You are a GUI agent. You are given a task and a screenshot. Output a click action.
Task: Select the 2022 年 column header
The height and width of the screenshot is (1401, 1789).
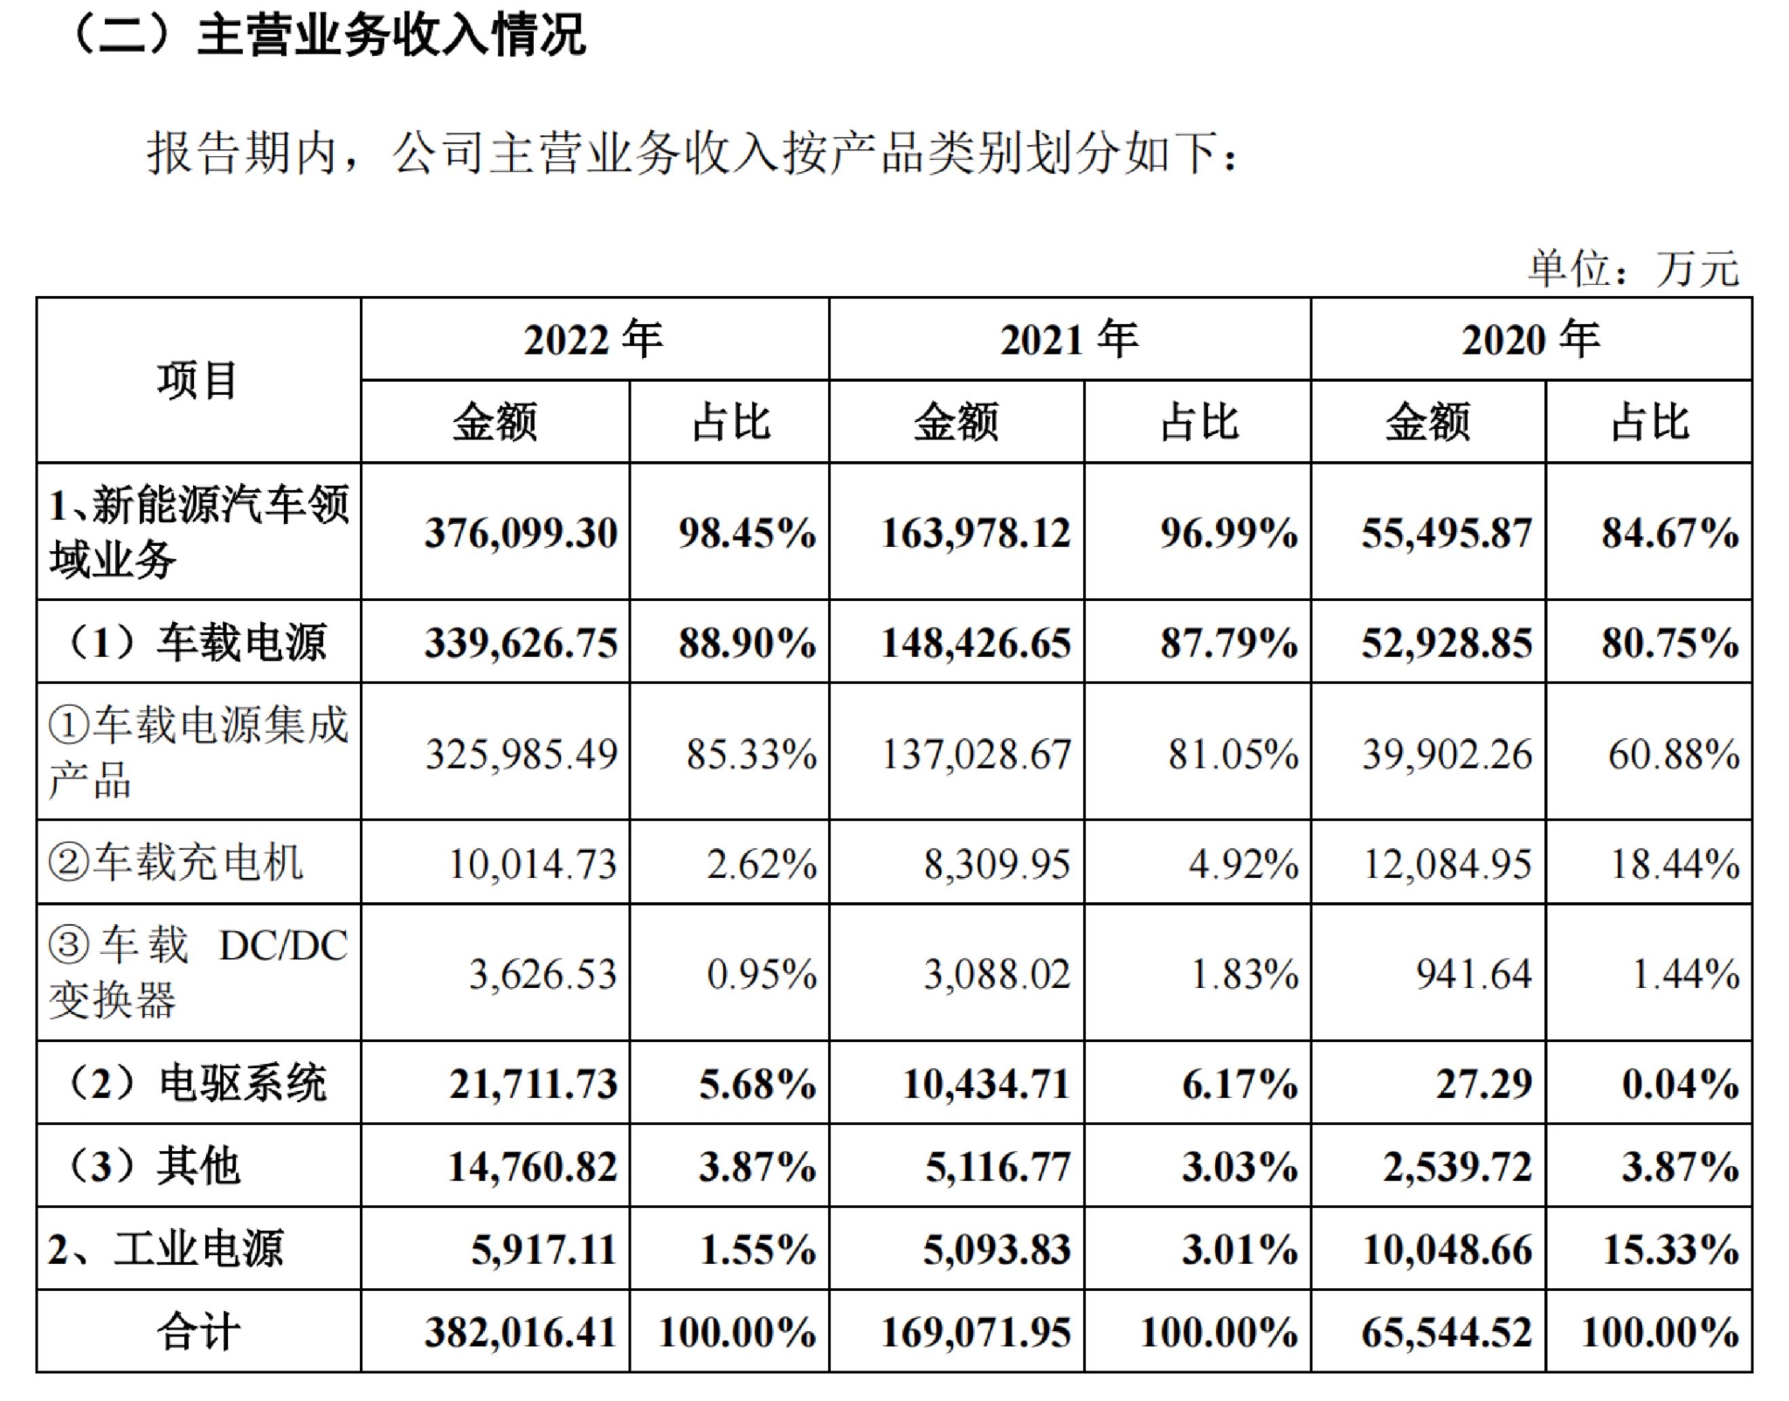593,339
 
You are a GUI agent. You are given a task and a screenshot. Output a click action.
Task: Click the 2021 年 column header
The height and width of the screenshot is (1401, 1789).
1069,339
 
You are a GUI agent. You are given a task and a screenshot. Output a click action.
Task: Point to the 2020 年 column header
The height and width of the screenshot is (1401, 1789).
1530,339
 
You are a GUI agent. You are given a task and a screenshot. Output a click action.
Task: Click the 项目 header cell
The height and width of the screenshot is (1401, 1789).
197,381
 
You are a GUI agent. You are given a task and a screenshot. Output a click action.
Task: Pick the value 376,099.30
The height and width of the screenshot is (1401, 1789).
522,533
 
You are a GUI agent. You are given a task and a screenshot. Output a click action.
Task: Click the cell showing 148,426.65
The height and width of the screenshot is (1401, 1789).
976,644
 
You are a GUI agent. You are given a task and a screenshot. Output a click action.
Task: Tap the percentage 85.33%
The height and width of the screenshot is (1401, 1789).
751,754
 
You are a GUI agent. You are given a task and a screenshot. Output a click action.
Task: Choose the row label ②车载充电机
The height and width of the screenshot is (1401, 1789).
176,863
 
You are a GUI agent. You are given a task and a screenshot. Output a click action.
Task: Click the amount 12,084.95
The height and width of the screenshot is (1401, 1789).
1447,864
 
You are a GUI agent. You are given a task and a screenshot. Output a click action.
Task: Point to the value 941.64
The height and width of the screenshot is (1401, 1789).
1474,974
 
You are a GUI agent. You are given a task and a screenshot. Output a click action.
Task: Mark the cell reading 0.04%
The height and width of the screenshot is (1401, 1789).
1680,1084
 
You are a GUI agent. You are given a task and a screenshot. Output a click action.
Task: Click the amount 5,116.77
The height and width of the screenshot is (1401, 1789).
998,1167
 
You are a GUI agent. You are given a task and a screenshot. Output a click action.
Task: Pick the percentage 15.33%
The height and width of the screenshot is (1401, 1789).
1670,1249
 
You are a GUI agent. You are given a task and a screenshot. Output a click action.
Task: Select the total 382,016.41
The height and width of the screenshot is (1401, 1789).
522,1333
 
